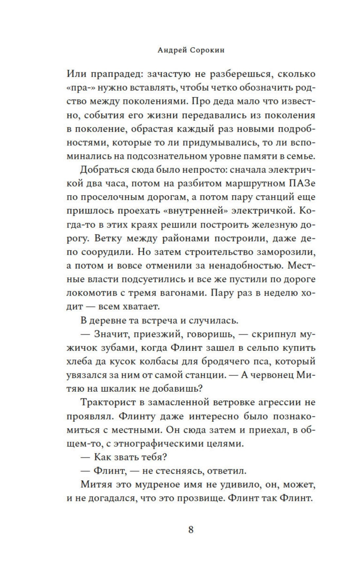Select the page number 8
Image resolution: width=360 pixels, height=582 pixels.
191,530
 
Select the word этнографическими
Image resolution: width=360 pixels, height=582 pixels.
158,444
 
